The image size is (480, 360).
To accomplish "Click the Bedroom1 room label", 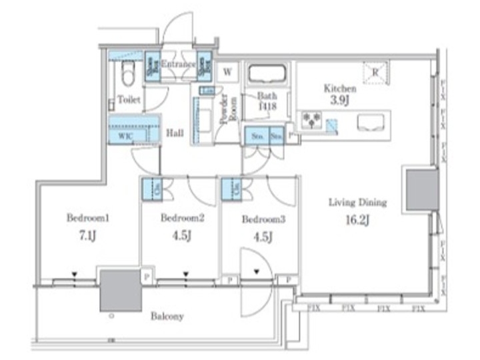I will [87, 217].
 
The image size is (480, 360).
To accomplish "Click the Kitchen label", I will [340, 88].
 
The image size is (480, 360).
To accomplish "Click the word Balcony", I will [167, 316].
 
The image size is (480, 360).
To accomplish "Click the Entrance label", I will [177, 65].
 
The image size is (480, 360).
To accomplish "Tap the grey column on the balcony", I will [120, 290].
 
